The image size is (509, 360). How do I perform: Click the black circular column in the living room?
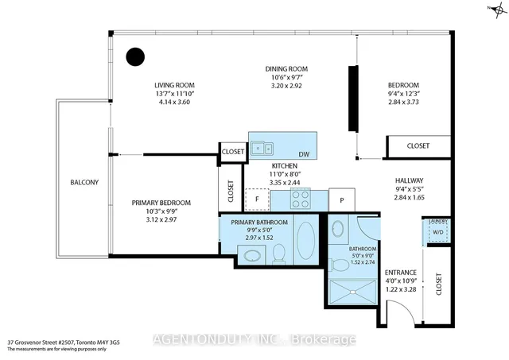point(137,56)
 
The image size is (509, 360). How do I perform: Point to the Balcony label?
point(84,183)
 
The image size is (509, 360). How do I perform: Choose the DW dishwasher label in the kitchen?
point(303,154)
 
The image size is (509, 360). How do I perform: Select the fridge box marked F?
point(258,199)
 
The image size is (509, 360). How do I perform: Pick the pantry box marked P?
point(341,199)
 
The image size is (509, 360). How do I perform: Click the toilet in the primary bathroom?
point(278,254)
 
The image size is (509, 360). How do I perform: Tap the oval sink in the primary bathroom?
point(253,256)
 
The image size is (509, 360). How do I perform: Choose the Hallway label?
point(410,180)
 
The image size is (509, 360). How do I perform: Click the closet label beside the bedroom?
point(418,146)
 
